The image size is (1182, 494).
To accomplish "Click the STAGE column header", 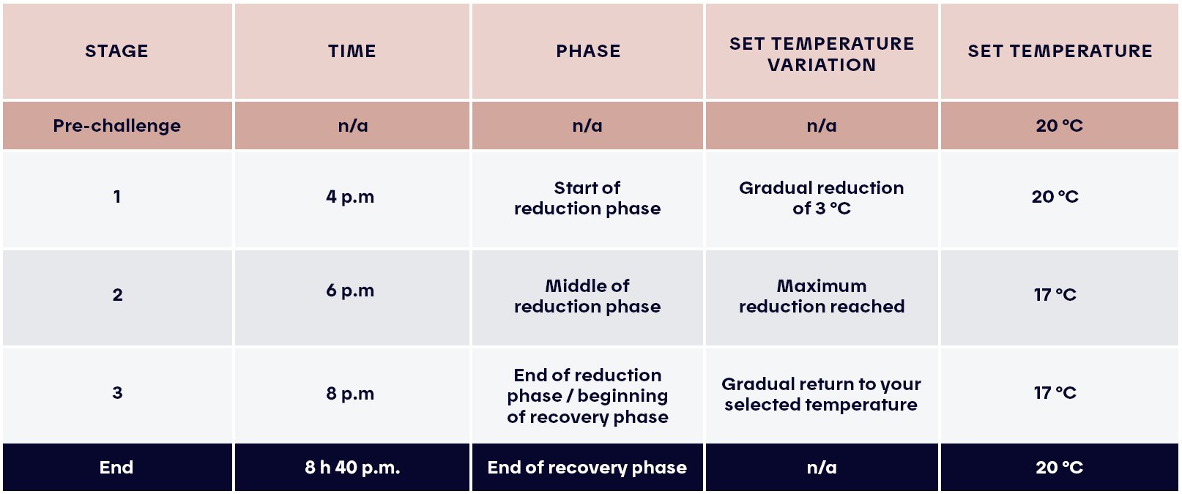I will (x=116, y=51).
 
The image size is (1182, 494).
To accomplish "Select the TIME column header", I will (x=352, y=51).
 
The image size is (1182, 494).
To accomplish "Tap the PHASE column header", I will (x=587, y=51).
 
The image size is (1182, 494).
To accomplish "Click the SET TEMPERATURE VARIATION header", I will (x=821, y=54).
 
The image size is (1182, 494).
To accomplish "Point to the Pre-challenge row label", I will (x=116, y=126).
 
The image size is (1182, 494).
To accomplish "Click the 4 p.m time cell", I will (x=350, y=197).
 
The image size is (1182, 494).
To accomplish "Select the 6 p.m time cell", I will (x=350, y=291).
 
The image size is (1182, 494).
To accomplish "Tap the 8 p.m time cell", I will (x=350, y=394).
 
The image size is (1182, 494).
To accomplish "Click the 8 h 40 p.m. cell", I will (x=352, y=468).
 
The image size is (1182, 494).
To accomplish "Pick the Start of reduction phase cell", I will (x=587, y=198).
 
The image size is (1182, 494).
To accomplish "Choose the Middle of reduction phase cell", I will (x=587, y=296).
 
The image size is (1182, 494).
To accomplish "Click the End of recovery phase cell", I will (x=587, y=468).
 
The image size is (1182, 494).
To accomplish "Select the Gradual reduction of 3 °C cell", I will (x=821, y=198).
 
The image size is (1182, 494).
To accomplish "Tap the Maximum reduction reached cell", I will (x=821, y=296).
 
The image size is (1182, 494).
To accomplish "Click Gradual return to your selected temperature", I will (x=821, y=394).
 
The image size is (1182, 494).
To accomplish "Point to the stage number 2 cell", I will (x=117, y=295).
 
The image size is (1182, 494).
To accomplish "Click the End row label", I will (x=116, y=468).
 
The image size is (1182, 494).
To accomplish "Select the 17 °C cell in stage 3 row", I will (x=1055, y=393).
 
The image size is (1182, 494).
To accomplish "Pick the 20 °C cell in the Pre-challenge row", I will (x=1059, y=126).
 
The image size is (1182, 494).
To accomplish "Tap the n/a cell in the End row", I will (x=821, y=468).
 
